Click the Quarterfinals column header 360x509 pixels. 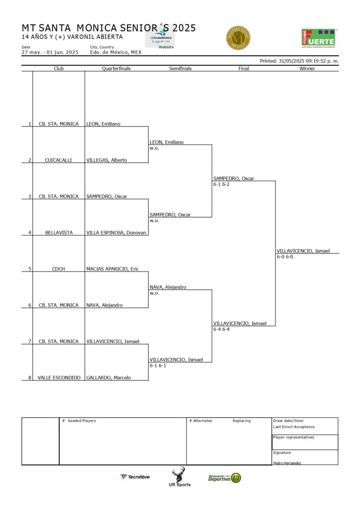point(116,69)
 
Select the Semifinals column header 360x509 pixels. point(180,69)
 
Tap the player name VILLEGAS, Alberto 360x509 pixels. point(106,160)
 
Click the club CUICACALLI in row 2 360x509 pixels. point(58,160)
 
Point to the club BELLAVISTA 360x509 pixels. point(58,233)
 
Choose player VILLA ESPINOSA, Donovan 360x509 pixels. point(116,233)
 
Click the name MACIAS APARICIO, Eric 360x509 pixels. point(112,269)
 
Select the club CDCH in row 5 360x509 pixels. point(58,269)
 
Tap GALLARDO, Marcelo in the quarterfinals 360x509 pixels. point(108,378)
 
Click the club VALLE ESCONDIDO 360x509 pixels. point(59,378)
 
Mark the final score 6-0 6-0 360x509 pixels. point(285,257)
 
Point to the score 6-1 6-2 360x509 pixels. point(221,184)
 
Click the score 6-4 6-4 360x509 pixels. point(221,329)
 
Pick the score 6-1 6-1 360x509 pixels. point(158,365)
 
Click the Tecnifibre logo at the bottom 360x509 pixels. point(135,477)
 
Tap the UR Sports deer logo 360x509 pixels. point(179,477)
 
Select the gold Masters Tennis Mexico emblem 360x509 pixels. point(238,38)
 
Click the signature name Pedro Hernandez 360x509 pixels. point(287,463)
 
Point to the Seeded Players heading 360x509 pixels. point(82,421)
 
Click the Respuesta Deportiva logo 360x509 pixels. point(225,478)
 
